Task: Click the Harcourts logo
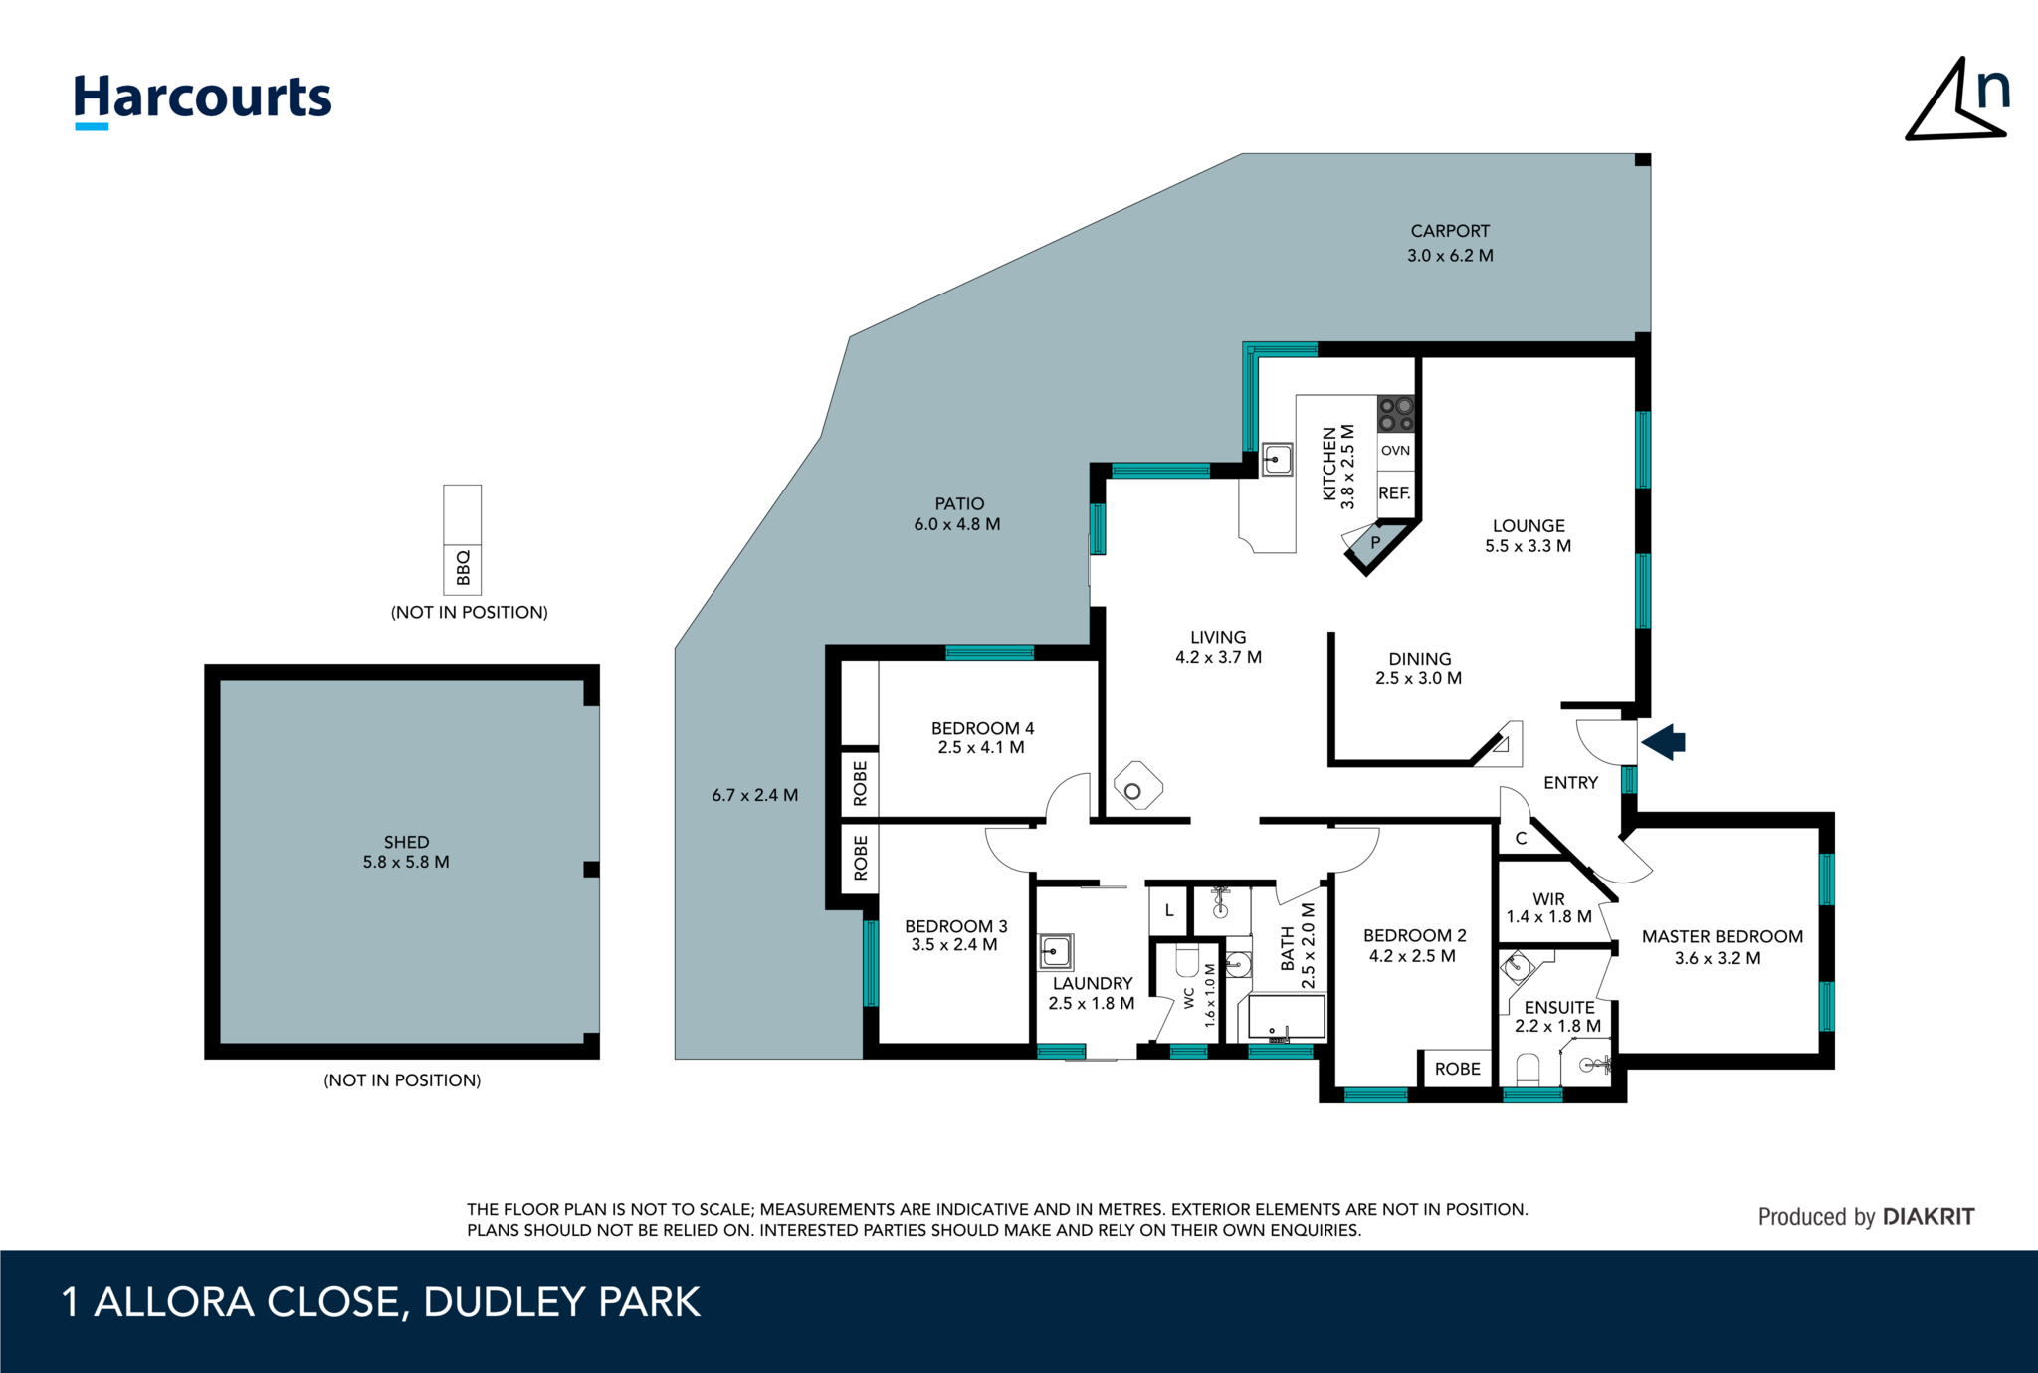[202, 99]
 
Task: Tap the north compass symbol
[1955, 101]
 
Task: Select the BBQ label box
[462, 568]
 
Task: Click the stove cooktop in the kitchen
[1395, 414]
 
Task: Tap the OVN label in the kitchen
[1395, 451]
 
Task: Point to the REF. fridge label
[1394, 493]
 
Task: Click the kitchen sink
[1276, 460]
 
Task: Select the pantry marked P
[1375, 543]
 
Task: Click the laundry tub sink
[1055, 951]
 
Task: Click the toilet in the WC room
[1187, 962]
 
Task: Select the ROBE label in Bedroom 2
[1457, 1069]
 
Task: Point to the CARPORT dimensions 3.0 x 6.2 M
[1450, 256]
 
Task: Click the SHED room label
[406, 842]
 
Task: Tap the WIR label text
[1548, 899]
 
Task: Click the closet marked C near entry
[1521, 839]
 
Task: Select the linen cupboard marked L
[1169, 910]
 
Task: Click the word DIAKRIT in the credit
[1928, 1217]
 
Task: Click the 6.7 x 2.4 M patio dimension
[754, 796]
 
